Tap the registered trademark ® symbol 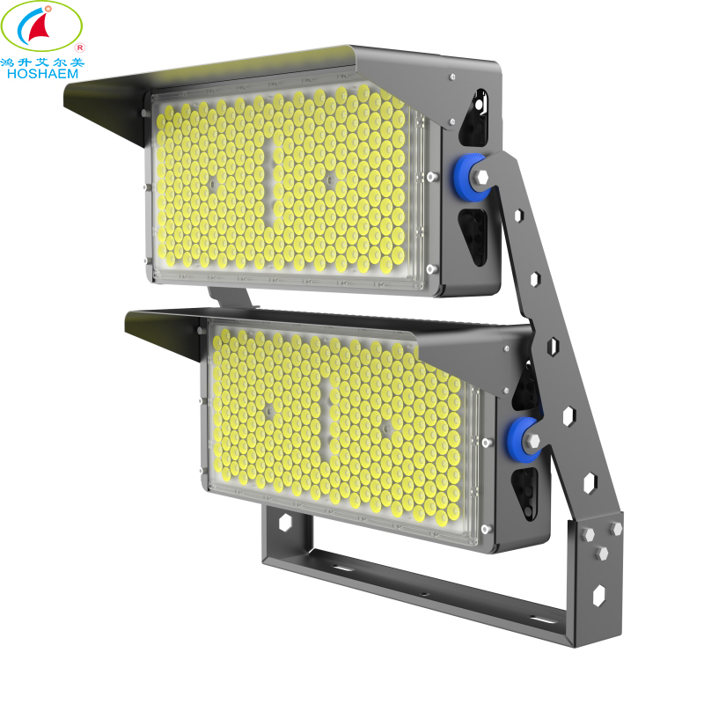(x=80, y=47)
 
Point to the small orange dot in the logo (x=49, y=11)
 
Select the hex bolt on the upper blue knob (x=481, y=179)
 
